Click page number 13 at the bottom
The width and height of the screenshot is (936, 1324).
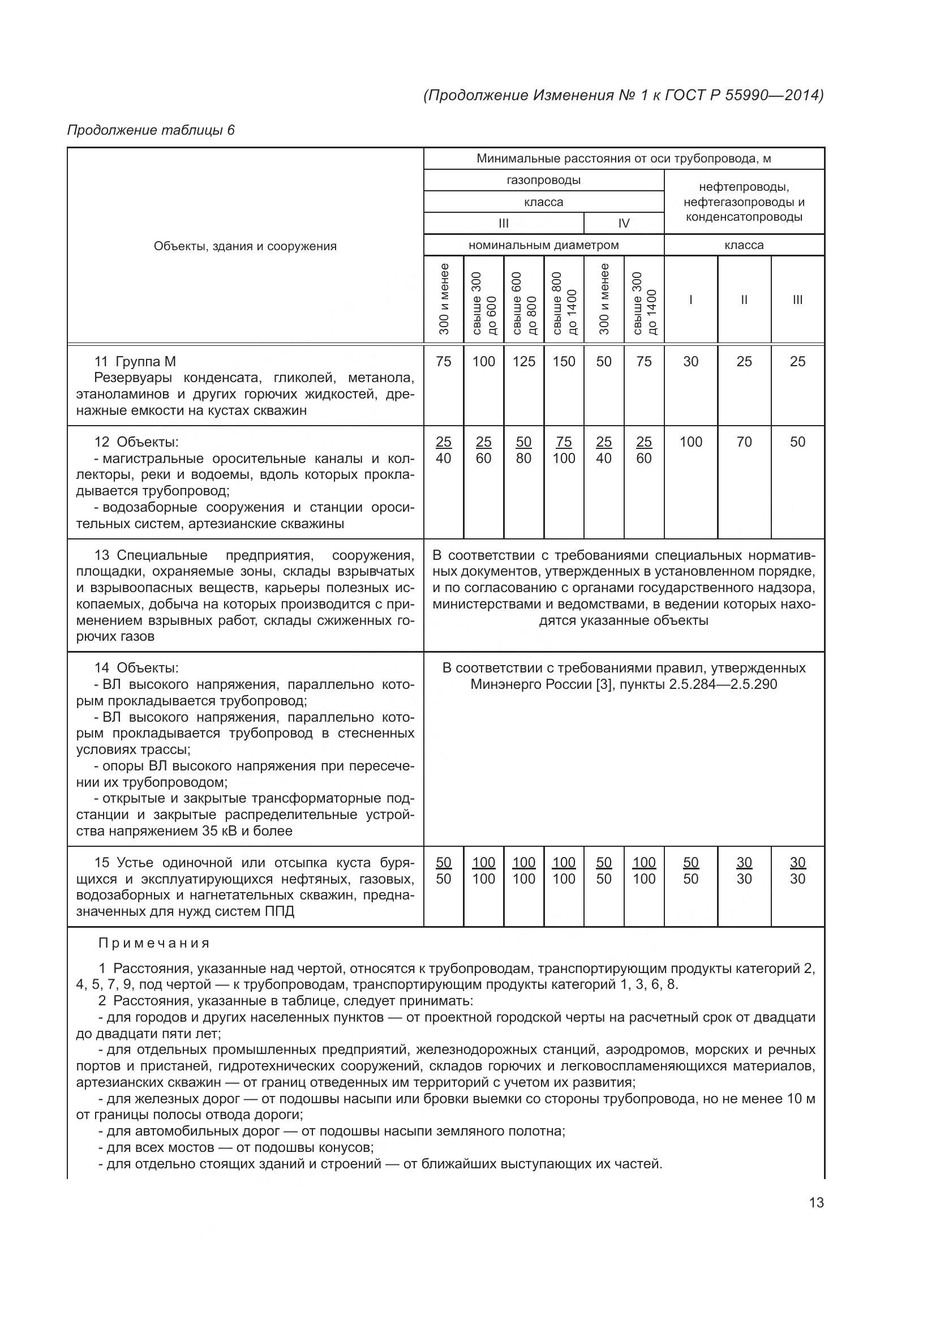(816, 1202)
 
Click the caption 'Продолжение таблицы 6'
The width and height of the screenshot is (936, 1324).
(151, 130)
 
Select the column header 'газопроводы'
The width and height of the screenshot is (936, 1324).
(543, 180)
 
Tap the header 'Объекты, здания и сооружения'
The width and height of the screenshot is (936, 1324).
(245, 246)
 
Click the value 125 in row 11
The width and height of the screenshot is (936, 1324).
(523, 362)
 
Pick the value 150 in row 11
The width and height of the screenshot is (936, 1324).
(564, 362)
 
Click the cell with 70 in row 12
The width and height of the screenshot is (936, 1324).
(744, 442)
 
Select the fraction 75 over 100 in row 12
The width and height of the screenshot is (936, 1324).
(564, 450)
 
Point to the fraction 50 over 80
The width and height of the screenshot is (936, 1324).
(523, 450)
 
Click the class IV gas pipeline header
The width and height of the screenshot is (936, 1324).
(624, 223)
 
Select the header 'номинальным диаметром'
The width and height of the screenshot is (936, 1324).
(543, 245)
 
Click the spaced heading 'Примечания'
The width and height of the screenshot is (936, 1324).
(154, 944)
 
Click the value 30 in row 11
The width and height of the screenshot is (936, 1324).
(690, 362)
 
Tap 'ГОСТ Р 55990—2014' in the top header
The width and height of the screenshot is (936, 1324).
(744, 95)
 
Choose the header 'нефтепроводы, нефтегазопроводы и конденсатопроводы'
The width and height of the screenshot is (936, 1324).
(744, 202)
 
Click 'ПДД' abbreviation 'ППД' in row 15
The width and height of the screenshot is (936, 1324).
(280, 912)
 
